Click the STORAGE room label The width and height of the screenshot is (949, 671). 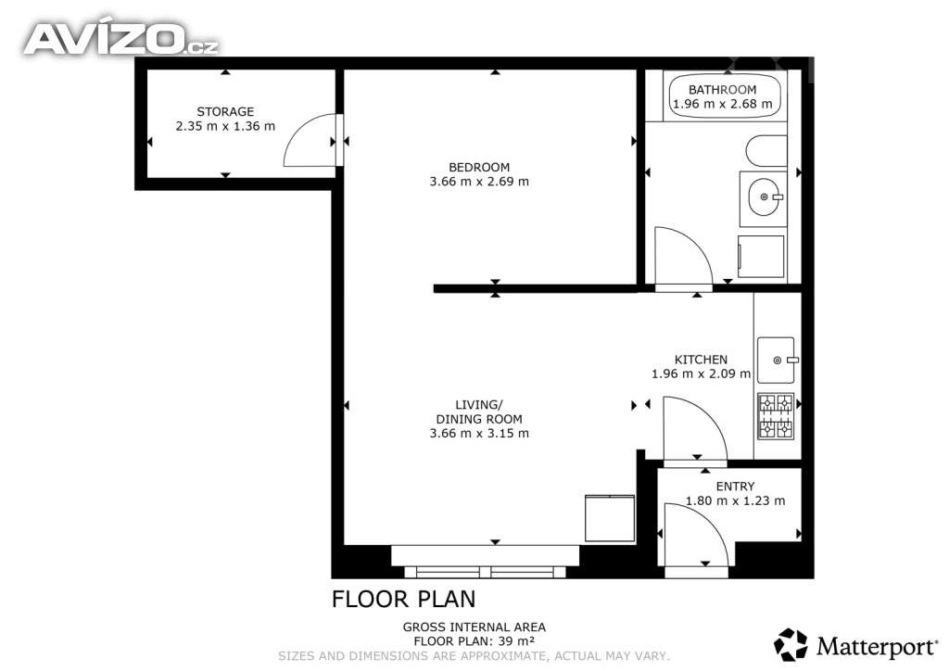pos(225,111)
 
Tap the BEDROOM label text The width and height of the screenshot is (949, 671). pos(479,167)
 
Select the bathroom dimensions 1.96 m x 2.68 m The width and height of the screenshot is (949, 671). pos(723,104)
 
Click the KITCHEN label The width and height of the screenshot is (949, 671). pos(701,360)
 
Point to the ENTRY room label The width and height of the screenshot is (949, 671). pos(735,487)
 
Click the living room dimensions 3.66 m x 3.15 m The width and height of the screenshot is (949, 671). pos(479,433)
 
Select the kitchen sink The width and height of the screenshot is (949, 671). pos(776,360)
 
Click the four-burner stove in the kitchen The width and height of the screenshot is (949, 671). pos(776,416)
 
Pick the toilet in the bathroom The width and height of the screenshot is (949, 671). pos(766,151)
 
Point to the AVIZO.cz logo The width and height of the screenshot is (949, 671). pos(120,38)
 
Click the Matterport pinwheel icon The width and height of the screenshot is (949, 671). pos(791,644)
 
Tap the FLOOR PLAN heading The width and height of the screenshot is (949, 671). pos(404,599)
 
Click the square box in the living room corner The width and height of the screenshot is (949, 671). pos(610,518)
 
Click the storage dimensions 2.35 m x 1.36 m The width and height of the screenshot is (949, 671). pos(225,126)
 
